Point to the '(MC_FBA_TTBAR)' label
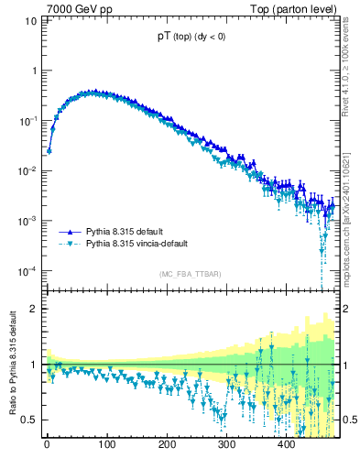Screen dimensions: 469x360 190,274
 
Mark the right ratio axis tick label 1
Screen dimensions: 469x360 346,365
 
